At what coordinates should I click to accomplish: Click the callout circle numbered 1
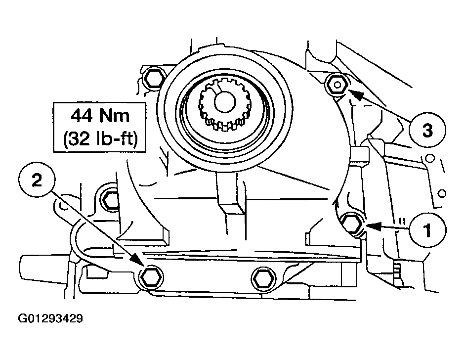click(427, 230)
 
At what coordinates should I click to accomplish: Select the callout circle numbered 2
click(37, 180)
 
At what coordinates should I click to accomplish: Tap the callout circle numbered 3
click(427, 130)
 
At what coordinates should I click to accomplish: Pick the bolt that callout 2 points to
click(151, 277)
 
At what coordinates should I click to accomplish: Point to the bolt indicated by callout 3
click(337, 85)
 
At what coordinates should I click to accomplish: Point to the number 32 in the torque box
click(78, 138)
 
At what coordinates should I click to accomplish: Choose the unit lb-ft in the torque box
click(114, 138)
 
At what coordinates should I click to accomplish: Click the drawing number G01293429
click(51, 318)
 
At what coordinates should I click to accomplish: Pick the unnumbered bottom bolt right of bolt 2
click(264, 279)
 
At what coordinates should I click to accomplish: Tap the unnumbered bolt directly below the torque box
click(111, 200)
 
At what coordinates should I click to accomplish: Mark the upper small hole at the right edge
click(430, 158)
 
